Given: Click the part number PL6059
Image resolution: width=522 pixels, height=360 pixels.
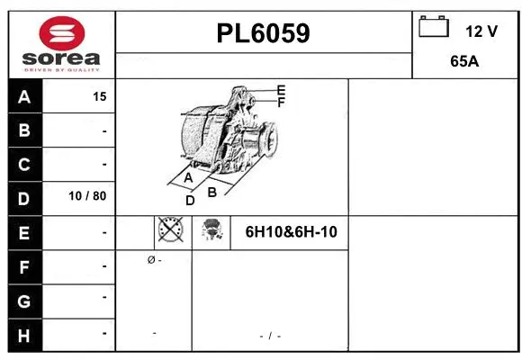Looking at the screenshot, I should pyautogui.click(x=263, y=33).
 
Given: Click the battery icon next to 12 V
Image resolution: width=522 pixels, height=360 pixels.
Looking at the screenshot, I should pyautogui.click(x=434, y=27).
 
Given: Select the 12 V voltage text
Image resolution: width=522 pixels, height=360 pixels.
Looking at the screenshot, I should pyautogui.click(x=481, y=31).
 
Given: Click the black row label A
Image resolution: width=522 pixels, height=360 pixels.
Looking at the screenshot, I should pyautogui.click(x=24, y=97).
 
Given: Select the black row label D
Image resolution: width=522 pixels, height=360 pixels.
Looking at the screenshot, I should pyautogui.click(x=24, y=198).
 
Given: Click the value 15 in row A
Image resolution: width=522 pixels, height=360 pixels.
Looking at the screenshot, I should pyautogui.click(x=100, y=97).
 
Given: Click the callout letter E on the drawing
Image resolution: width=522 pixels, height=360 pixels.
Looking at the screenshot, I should pyautogui.click(x=281, y=90).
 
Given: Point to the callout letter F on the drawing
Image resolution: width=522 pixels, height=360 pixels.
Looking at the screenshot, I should pyautogui.click(x=281, y=103).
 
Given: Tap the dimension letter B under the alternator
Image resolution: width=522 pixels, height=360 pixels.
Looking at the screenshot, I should pyautogui.click(x=212, y=192).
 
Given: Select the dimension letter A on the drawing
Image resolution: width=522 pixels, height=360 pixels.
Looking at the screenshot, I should pyautogui.click(x=188, y=178).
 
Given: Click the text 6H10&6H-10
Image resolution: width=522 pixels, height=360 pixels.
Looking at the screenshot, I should pyautogui.click(x=291, y=232).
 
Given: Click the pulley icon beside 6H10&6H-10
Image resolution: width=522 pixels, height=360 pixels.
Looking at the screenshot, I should pyautogui.click(x=211, y=230).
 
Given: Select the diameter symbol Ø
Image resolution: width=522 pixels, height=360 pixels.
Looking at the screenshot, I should pyautogui.click(x=150, y=260).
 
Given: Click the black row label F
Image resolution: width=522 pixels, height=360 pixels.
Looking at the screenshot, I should pyautogui.click(x=24, y=266).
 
